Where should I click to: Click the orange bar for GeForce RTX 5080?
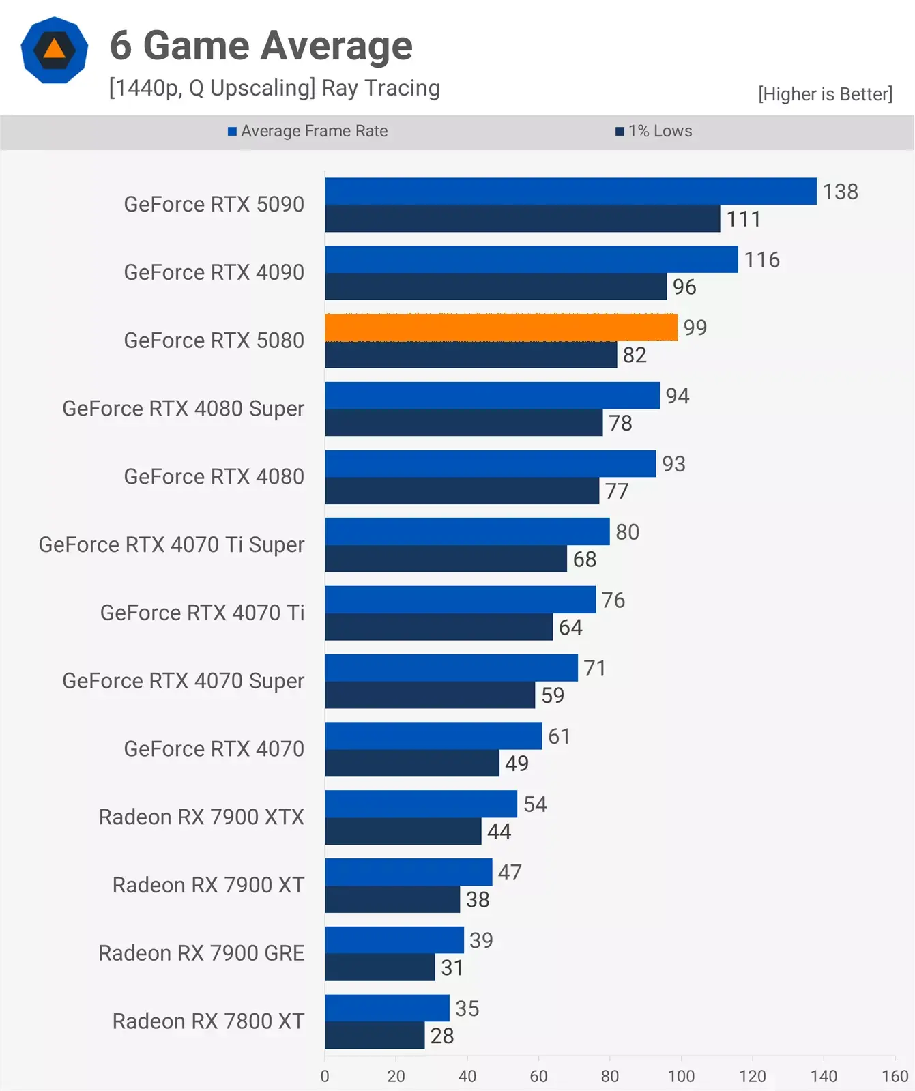[x=501, y=328]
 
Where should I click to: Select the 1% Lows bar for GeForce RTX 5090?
[x=522, y=219]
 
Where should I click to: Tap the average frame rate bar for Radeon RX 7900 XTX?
[x=421, y=804]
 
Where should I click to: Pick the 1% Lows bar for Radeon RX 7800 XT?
[x=375, y=1036]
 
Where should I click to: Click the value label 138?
[x=840, y=192]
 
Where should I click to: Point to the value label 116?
[x=761, y=260]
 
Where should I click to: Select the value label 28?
[x=442, y=1036]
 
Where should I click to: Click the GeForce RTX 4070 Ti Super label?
[x=171, y=544]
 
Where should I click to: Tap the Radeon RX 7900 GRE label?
[x=201, y=953]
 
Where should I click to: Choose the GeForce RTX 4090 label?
[x=214, y=272]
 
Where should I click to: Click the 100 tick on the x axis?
[x=681, y=1076]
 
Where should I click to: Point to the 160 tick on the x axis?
[x=895, y=1076]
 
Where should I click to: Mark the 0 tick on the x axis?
[x=325, y=1076]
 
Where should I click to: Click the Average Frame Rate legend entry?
[x=308, y=131]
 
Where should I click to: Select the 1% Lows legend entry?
[x=654, y=131]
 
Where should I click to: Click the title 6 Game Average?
[x=261, y=46]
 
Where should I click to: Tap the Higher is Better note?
[x=825, y=94]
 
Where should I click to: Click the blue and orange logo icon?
[x=55, y=50]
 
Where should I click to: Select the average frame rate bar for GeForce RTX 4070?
[x=433, y=736]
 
